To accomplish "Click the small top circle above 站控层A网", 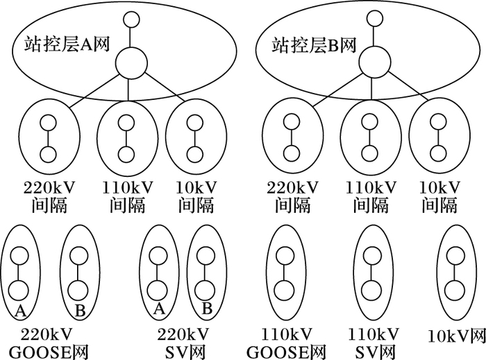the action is [x=129, y=20].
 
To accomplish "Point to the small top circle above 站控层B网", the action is [x=374, y=19].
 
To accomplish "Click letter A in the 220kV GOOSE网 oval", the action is [x=20, y=310].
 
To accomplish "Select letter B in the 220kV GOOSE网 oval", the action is [x=79, y=311].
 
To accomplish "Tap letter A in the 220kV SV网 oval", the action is [x=158, y=308].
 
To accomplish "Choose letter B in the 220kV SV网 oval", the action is [x=206, y=309].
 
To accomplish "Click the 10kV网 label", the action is [x=455, y=337].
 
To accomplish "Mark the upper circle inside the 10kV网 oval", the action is [x=455, y=256].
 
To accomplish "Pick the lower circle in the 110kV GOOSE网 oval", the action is [x=282, y=289].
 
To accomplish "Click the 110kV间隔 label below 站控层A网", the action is [x=125, y=196].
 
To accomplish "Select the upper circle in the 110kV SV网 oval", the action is [x=371, y=256].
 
